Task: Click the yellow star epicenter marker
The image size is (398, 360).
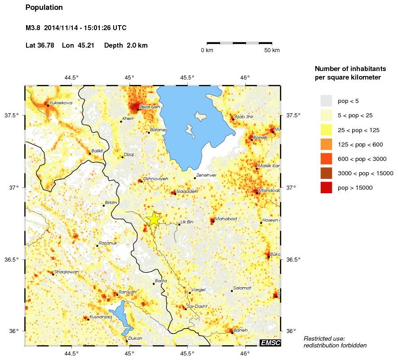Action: click(x=153, y=219)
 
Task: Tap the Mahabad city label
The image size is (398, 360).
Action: click(x=226, y=219)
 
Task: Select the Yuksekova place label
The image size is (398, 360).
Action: click(x=61, y=103)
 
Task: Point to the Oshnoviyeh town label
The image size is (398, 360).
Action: click(x=155, y=179)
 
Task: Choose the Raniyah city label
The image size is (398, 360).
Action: click(x=127, y=292)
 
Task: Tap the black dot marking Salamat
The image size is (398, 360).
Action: click(x=232, y=291)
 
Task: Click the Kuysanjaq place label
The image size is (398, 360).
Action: click(x=101, y=317)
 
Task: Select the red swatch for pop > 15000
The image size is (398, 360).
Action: click(x=326, y=188)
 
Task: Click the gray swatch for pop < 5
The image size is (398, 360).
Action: click(x=326, y=100)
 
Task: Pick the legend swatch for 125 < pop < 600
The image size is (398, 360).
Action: click(x=326, y=144)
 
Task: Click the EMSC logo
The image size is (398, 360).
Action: click(x=270, y=343)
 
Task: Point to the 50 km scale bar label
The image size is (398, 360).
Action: click(x=272, y=50)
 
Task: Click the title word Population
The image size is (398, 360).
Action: click(x=44, y=8)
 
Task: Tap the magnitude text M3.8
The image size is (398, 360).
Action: click(x=33, y=28)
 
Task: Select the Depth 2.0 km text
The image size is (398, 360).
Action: click(x=126, y=45)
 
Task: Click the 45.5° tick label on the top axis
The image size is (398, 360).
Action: click(x=187, y=77)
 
